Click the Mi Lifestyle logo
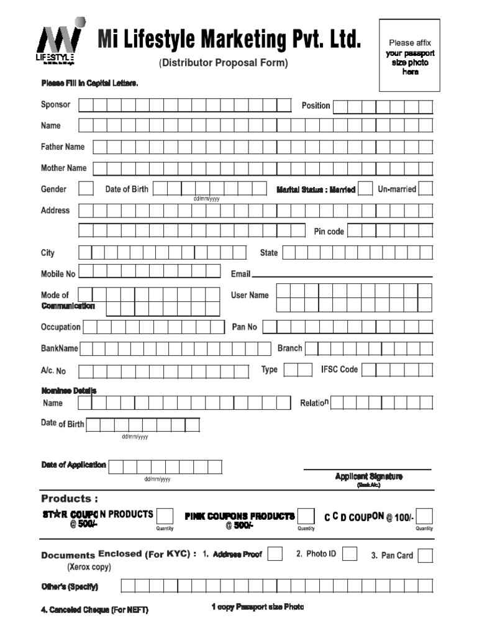click(58, 45)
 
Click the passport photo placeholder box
click(409, 55)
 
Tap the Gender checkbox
click(86, 189)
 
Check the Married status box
click(366, 189)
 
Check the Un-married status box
click(425, 189)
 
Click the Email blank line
click(342, 276)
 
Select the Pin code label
click(329, 232)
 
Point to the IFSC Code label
click(339, 370)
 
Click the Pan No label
click(244, 327)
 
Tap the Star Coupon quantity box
click(165, 516)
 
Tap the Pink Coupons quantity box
click(306, 516)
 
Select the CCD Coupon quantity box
click(425, 516)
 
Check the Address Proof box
click(275, 554)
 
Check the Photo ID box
click(350, 554)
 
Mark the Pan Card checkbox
click(425, 555)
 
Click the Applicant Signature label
click(368, 476)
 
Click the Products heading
click(70, 499)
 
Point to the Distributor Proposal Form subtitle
click(224, 63)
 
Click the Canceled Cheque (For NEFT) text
click(94, 610)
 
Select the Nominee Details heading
click(68, 391)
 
